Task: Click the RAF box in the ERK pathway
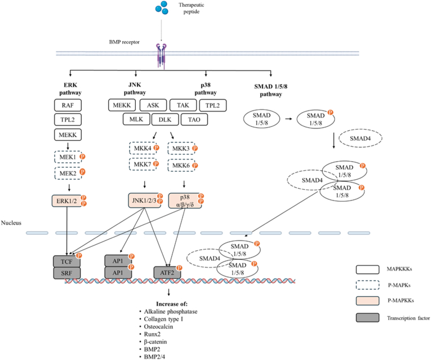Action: pyautogui.click(x=68, y=105)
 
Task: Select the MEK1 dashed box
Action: pyautogui.click(x=68, y=157)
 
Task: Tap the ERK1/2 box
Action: pyautogui.click(x=67, y=201)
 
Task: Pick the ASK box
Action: pyautogui.click(x=153, y=105)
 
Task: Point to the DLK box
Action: pyautogui.click(x=165, y=119)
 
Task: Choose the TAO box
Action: pyautogui.click(x=194, y=119)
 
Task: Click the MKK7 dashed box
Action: pyautogui.click(x=143, y=165)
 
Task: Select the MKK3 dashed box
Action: pyautogui.click(x=181, y=149)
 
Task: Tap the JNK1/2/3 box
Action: pyautogui.click(x=145, y=201)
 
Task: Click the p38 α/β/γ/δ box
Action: pyautogui.click(x=185, y=201)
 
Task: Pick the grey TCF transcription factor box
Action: pyautogui.click(x=67, y=261)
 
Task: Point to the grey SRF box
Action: pyautogui.click(x=67, y=273)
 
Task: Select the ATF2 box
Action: pyautogui.click(x=167, y=273)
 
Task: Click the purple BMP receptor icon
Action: pyautogui.click(x=161, y=56)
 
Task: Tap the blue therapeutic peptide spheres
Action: pyautogui.click(x=162, y=8)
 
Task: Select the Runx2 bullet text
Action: pyautogui.click(x=152, y=334)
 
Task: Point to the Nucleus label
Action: pyautogui.click(x=11, y=223)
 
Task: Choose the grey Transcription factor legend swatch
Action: pyautogui.click(x=367, y=318)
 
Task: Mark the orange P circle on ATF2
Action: pyautogui.click(x=179, y=268)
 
